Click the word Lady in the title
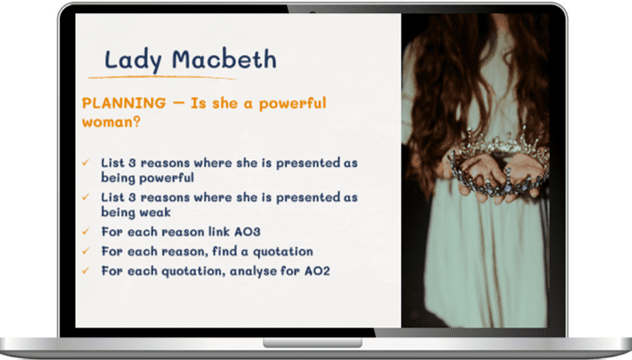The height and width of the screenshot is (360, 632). click(133, 61)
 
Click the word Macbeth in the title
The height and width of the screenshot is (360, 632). click(224, 59)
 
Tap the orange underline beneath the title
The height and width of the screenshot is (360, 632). click(162, 77)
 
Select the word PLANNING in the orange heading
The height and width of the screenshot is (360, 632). click(124, 104)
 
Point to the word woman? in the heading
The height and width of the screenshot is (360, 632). click(111, 122)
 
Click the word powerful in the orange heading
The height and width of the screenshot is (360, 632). click(292, 104)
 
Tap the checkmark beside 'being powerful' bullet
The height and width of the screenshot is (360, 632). click(85, 162)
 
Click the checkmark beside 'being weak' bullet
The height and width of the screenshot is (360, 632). click(85, 197)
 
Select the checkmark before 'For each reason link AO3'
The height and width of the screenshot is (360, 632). click(85, 232)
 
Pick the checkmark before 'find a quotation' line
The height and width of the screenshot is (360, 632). click(85, 251)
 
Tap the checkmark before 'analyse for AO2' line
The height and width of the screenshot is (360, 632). click(85, 270)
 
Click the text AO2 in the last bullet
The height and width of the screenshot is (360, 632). click(317, 271)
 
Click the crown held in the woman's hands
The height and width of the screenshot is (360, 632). click(499, 168)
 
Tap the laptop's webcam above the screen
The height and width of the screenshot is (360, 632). click(312, 11)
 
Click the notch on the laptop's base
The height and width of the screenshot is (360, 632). click(312, 342)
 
